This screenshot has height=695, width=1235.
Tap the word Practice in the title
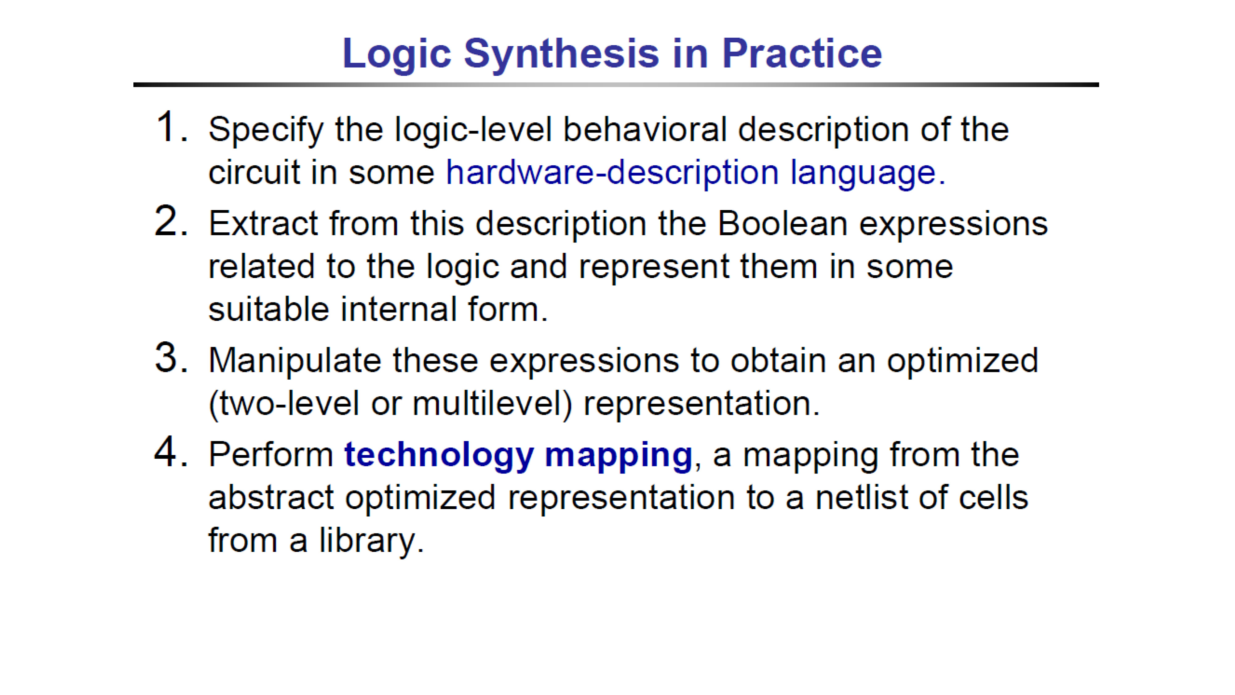[802, 53]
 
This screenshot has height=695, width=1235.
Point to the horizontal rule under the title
[616, 85]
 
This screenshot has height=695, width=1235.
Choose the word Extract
[263, 224]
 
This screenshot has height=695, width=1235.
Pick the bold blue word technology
[439, 456]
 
